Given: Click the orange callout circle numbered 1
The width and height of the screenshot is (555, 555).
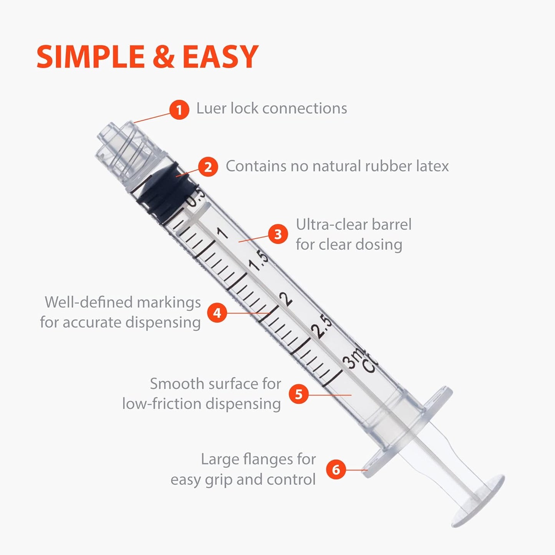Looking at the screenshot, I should point(179,110).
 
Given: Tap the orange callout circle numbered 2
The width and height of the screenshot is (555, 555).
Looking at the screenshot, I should point(208,167).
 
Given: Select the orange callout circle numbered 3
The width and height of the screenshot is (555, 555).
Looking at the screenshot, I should point(278,234).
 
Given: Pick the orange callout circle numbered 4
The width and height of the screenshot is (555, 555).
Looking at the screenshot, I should point(217,313).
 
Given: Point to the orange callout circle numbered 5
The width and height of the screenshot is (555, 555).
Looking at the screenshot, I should point(299,394).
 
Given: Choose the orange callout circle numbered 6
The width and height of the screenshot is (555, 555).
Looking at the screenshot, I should point(336,469).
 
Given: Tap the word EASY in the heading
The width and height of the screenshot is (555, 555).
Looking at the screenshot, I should point(220,57).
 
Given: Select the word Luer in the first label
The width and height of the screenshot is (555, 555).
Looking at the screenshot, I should point(211,108).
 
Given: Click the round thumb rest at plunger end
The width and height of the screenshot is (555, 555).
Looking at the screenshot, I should point(478,501).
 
